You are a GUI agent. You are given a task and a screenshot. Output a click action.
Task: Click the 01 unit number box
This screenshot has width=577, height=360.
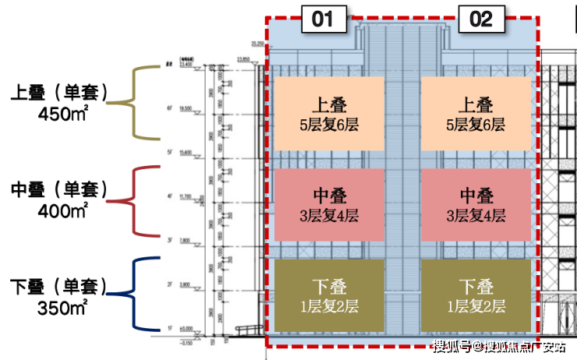(323, 19)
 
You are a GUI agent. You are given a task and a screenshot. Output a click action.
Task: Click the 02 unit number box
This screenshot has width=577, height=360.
(481, 19)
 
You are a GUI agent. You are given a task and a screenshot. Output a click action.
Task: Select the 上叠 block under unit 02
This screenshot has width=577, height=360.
(476, 114)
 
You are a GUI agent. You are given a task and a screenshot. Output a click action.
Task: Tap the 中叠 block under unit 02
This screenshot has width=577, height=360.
(476, 205)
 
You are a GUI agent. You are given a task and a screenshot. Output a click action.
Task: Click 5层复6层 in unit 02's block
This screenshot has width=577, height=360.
(476, 125)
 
